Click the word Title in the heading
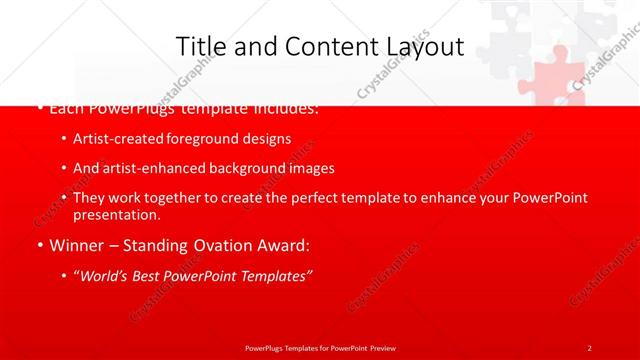click(200, 47)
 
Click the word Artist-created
click(114, 139)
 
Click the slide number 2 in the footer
click(590, 347)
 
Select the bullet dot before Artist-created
click(65, 139)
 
